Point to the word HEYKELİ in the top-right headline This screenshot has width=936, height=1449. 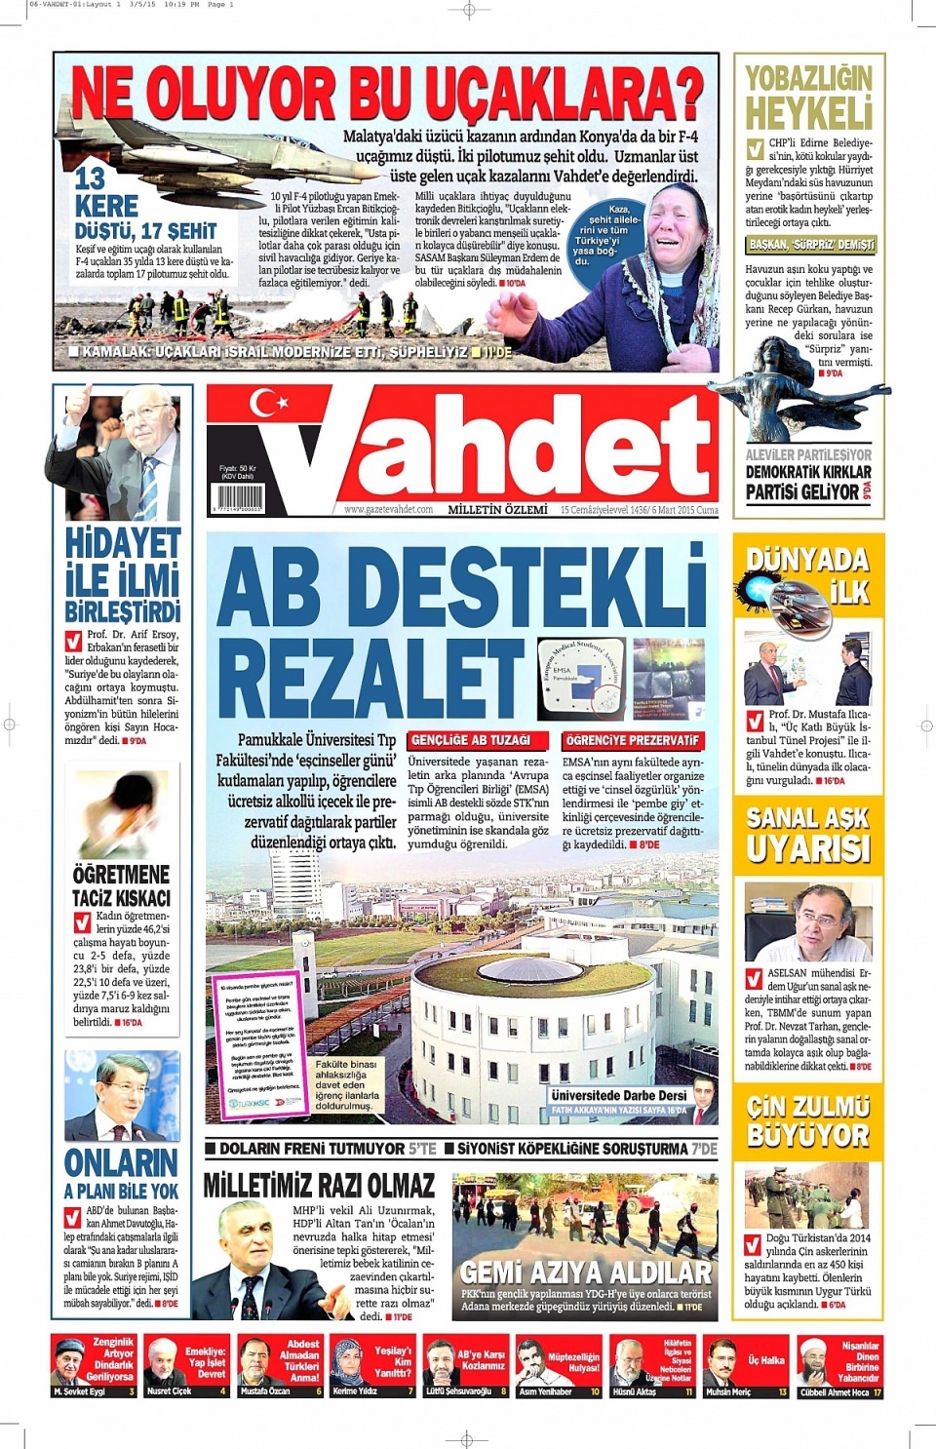(808, 114)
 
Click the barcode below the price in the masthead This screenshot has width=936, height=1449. (236, 497)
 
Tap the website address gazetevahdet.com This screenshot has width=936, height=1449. (388, 509)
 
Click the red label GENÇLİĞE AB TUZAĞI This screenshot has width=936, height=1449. (470, 740)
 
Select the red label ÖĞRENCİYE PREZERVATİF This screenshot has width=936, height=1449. (632, 740)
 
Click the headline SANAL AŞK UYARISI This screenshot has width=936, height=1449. (808, 834)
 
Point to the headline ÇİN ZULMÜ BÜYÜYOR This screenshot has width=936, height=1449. (808, 1120)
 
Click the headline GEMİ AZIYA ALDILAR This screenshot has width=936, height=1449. (585, 1272)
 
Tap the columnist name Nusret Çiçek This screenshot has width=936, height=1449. (170, 1391)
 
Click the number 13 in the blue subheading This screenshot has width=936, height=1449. (90, 178)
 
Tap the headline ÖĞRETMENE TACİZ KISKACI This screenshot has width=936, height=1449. (121, 885)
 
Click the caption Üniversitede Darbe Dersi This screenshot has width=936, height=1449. (618, 1095)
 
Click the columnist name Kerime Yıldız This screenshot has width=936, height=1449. (356, 1391)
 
